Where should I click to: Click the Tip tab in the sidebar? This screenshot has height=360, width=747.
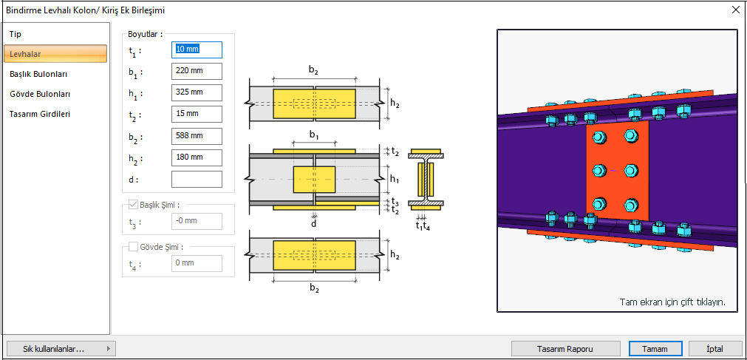pyautogui.click(x=16, y=35)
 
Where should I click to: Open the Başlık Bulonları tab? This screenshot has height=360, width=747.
pyautogui.click(x=38, y=74)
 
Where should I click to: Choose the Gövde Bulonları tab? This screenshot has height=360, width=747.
pyautogui.click(x=40, y=94)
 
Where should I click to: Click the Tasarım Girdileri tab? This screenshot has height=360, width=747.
pyautogui.click(x=40, y=114)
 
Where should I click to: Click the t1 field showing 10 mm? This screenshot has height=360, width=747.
pyautogui.click(x=197, y=50)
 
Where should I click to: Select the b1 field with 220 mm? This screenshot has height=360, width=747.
pyautogui.click(x=197, y=72)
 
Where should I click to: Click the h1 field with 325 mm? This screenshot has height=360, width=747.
pyautogui.click(x=197, y=93)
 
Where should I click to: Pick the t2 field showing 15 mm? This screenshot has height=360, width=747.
pyautogui.click(x=197, y=115)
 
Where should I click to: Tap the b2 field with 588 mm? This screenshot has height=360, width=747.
pyautogui.click(x=197, y=136)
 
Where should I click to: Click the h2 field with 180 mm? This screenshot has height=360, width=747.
pyautogui.click(x=197, y=157)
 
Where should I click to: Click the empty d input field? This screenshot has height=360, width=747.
pyautogui.click(x=197, y=179)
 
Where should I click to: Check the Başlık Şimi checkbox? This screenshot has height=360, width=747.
pyautogui.click(x=134, y=205)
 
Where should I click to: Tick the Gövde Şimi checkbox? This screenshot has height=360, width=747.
pyautogui.click(x=134, y=247)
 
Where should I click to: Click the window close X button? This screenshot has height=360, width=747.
pyautogui.click(x=735, y=10)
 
